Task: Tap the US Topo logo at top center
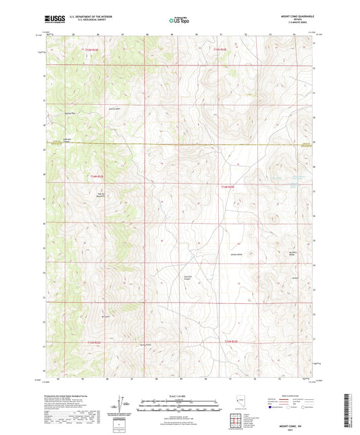click(x=179, y=20)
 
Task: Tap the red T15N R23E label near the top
click(x=221, y=49)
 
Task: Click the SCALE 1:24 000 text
click(x=180, y=395)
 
